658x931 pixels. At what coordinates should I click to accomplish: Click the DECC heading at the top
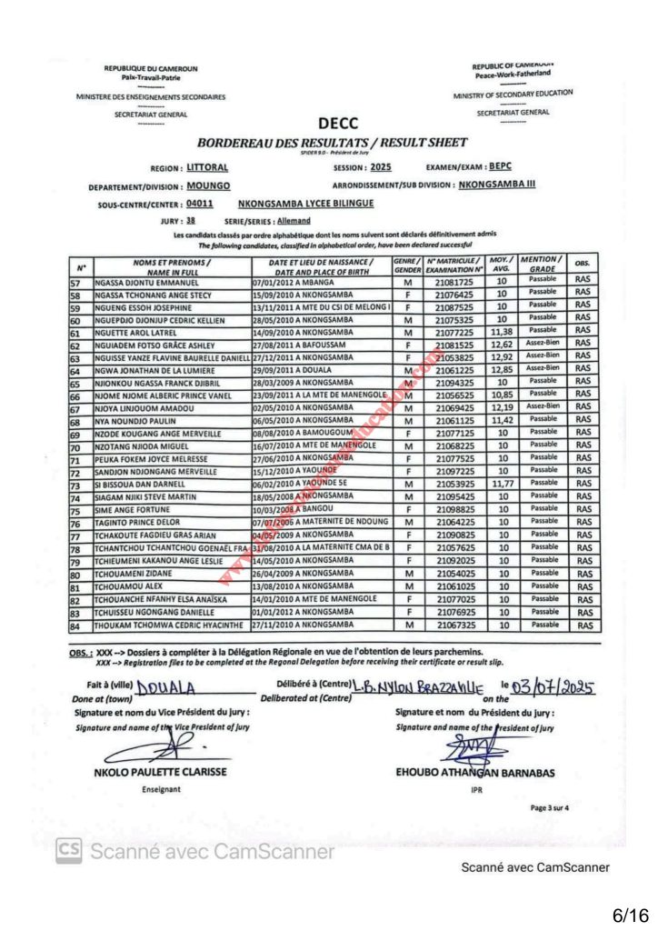pos(338,124)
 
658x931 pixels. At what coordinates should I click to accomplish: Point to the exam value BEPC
pos(501,167)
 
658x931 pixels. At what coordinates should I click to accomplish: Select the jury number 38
pos(190,221)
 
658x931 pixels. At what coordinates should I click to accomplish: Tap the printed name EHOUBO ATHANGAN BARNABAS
pos(475,773)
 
